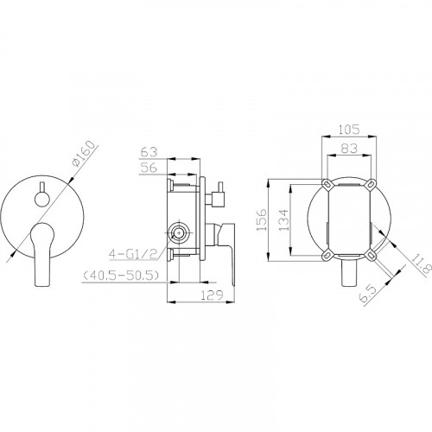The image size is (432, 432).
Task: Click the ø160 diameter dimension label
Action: pos(84,154)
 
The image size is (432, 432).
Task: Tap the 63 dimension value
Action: pos(149,152)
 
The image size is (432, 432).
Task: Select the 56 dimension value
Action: pos(149,168)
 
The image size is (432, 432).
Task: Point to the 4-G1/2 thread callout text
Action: pos(133,254)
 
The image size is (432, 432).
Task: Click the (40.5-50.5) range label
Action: pos(121,276)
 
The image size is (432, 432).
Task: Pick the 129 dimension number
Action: pos(212,295)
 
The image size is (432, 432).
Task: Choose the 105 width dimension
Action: pos(348,130)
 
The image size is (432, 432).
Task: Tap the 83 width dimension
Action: pos(349,149)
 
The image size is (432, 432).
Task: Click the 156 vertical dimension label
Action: pos(262,219)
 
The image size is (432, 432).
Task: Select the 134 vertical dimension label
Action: pos(283,219)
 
